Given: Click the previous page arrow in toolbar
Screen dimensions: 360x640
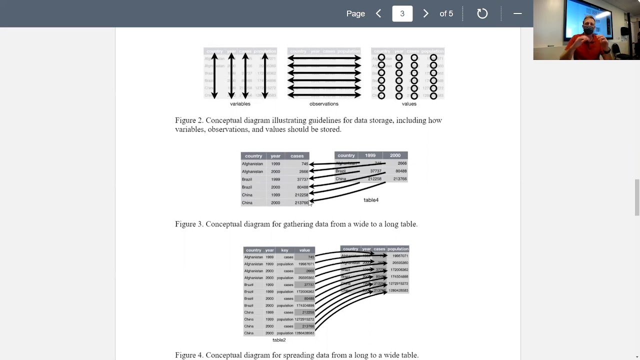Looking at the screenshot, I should [x=378, y=13].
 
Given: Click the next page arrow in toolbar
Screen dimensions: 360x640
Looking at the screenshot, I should [x=425, y=13].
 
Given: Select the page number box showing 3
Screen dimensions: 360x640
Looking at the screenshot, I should [x=402, y=13].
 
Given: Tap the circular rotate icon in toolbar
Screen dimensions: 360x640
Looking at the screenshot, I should [x=482, y=13].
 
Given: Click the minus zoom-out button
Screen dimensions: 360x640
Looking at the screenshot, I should [x=517, y=13].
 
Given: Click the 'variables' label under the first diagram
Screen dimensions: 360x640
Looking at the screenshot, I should [x=240, y=104].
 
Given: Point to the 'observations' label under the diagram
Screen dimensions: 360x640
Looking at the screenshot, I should [x=324, y=104].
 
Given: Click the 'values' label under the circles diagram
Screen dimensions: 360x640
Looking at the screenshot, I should [x=409, y=104].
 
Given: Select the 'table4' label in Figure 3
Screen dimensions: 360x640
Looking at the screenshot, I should [x=371, y=200].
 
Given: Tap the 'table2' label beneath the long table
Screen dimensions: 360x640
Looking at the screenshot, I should [x=279, y=340].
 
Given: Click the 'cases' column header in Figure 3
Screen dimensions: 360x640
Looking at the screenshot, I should [x=297, y=156].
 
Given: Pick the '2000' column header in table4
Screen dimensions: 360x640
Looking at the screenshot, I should [x=395, y=155].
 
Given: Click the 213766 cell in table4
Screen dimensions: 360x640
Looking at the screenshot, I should [x=400, y=179].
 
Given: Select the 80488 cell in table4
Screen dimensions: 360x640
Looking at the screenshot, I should [x=400, y=171].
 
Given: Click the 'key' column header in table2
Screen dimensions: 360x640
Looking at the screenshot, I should [x=284, y=250].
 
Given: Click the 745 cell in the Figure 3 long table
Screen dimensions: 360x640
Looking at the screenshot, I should [x=304, y=164].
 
